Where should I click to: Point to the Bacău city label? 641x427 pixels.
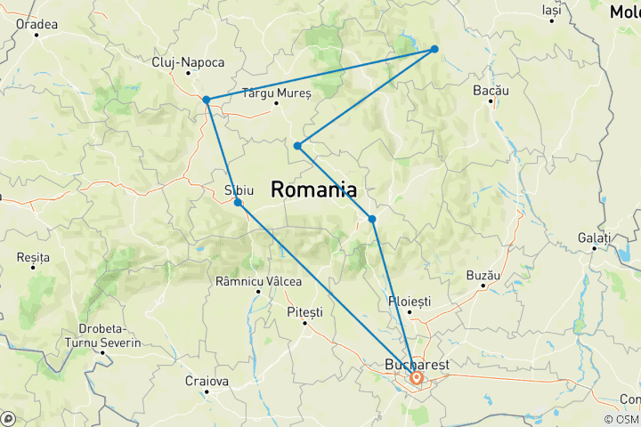point(491,91)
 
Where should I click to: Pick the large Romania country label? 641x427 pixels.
point(313,189)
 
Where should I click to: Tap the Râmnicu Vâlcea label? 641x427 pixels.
point(259,281)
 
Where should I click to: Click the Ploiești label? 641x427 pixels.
point(409,302)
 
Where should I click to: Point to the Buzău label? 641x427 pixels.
point(483,275)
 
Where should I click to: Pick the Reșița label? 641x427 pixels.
point(34,256)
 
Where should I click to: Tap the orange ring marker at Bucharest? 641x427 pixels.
point(416,378)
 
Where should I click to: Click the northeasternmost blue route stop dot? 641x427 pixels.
point(434,49)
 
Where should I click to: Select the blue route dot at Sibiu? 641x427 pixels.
point(238,203)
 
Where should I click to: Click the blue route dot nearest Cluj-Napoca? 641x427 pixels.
point(206,100)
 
